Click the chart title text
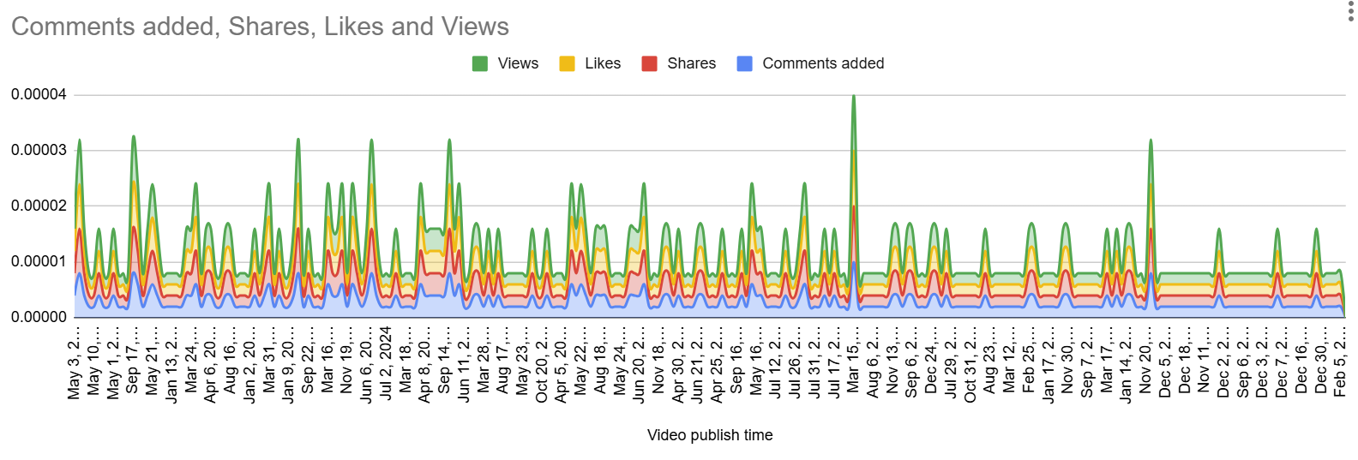(x=260, y=27)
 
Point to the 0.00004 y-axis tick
(x=39, y=94)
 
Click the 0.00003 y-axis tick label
(x=39, y=150)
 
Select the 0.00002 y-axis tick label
(x=39, y=206)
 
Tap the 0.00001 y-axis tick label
(x=39, y=261)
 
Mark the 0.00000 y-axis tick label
(x=39, y=317)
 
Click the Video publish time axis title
(x=710, y=435)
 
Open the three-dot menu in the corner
(x=1350, y=11)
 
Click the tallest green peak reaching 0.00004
(x=853, y=97)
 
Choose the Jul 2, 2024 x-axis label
(x=386, y=363)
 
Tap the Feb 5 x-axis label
(x=1340, y=363)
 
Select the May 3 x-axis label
(x=75, y=363)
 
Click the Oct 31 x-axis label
(x=970, y=363)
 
